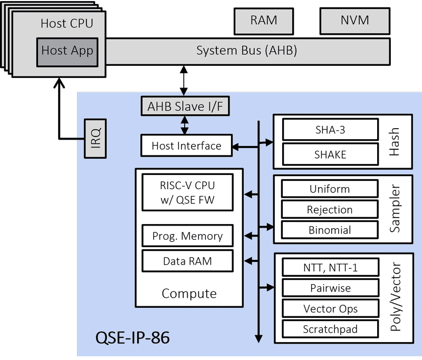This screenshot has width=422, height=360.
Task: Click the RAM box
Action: click(x=264, y=21)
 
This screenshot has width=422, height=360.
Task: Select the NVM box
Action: click(x=354, y=21)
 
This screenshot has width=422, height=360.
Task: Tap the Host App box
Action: click(x=68, y=52)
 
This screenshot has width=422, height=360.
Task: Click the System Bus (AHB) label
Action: click(x=246, y=51)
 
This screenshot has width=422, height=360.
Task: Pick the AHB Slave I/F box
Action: click(x=185, y=106)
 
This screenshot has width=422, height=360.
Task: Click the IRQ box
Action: click(x=95, y=139)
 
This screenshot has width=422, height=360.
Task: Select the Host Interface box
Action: click(x=187, y=145)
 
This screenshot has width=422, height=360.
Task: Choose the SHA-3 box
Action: click(x=331, y=130)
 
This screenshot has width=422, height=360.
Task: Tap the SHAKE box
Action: click(x=331, y=154)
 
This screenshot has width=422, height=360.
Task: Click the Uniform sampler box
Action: click(x=330, y=189)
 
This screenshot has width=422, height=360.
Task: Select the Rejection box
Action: click(x=330, y=209)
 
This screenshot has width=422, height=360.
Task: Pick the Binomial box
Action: click(x=330, y=230)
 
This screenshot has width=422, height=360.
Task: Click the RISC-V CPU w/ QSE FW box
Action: click(x=188, y=192)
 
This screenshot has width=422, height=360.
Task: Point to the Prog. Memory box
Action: click(x=188, y=236)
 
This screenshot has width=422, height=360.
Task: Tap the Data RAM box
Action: click(x=188, y=261)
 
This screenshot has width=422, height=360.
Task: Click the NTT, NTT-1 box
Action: click(x=331, y=267)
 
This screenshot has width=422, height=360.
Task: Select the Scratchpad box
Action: click(x=331, y=329)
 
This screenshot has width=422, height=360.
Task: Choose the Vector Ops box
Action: click(x=331, y=308)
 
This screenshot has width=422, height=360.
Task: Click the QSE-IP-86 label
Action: click(x=133, y=337)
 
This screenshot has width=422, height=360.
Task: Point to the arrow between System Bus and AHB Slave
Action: click(x=184, y=81)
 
